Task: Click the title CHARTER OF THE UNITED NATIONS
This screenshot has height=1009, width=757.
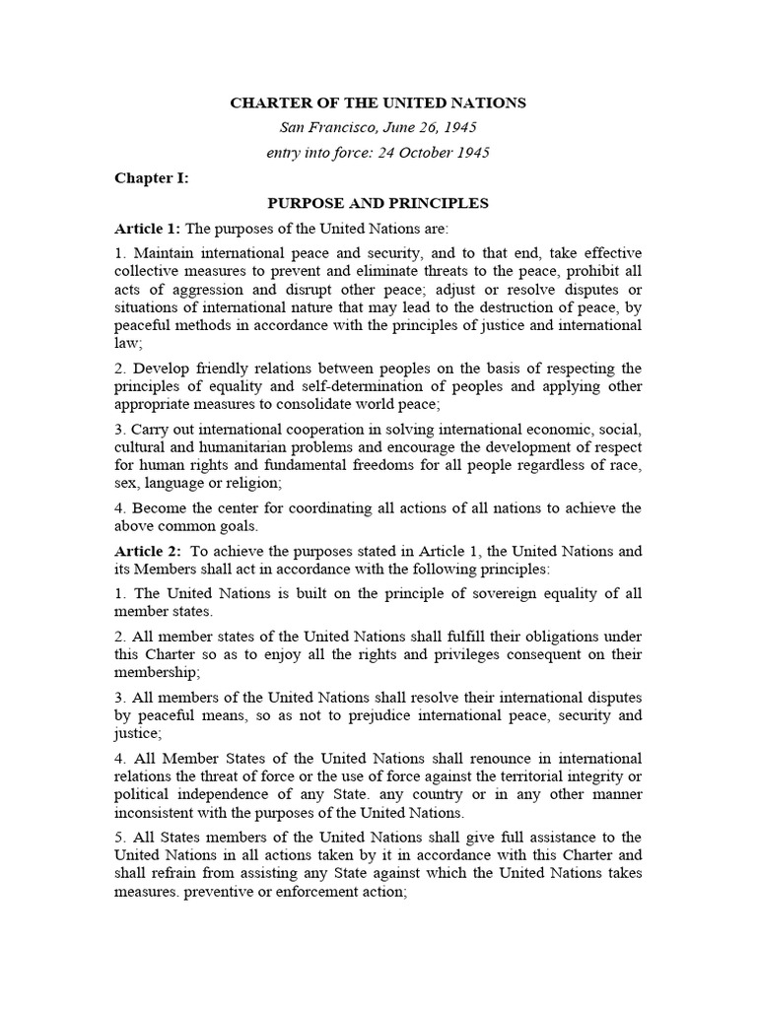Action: pos(378,102)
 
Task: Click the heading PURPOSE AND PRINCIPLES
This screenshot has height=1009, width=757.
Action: pos(378,204)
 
